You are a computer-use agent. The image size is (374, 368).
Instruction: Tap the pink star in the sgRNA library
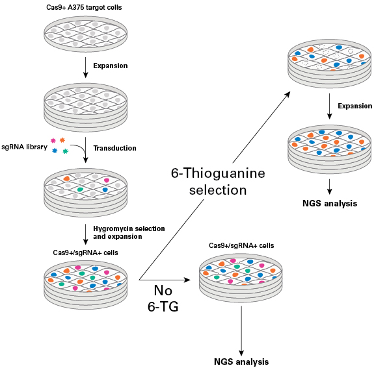pyautogui.click(x=53, y=141)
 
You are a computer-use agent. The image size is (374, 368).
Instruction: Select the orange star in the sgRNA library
pyautogui.click(x=62, y=140)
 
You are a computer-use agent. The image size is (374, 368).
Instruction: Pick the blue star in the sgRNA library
pyautogui.click(x=55, y=151)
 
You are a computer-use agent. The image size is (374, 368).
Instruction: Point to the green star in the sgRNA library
pyautogui.click(x=65, y=151)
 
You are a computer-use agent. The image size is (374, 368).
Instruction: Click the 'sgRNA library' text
pyautogui.click(x=23, y=147)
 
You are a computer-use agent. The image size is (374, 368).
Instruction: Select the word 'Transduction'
pyautogui.click(x=114, y=148)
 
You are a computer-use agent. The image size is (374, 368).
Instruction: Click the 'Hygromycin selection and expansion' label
pyautogui.click(x=128, y=232)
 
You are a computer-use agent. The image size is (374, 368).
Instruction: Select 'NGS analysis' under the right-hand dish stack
pyautogui.click(x=330, y=203)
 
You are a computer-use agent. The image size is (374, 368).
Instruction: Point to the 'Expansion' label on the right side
pyautogui.click(x=354, y=106)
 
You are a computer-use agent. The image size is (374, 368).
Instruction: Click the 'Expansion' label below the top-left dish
pyautogui.click(x=110, y=66)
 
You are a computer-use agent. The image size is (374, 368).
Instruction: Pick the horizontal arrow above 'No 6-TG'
pyautogui.click(x=166, y=280)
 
